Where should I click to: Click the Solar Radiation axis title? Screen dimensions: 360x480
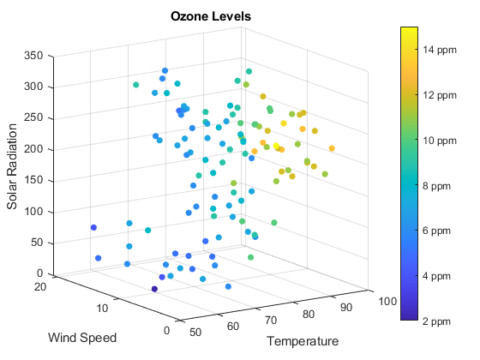click(x=12, y=165)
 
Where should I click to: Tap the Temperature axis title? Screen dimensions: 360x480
click(x=303, y=341)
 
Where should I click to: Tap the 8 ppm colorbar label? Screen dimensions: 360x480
click(x=437, y=185)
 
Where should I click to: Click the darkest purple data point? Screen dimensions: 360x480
click(x=155, y=289)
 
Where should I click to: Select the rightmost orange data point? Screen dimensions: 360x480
click(x=332, y=149)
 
